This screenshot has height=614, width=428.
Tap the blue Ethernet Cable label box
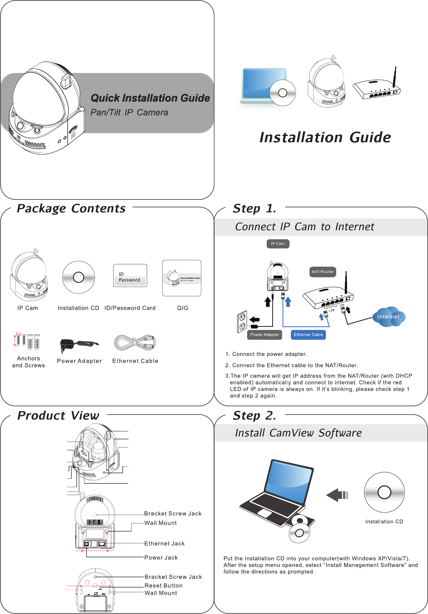[308, 335]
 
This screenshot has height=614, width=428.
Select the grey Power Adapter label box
[264, 335]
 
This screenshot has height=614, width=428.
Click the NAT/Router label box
[323, 272]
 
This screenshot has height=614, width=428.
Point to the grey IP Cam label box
[278, 244]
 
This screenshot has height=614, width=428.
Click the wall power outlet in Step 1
[242, 322]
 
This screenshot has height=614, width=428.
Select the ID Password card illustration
[130, 275]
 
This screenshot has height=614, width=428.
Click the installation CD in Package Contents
[78, 277]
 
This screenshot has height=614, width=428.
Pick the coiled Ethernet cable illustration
[135, 343]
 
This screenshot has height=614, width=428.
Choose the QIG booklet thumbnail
[181, 278]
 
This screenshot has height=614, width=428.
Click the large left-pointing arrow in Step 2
[336, 495]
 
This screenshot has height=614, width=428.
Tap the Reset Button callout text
[163, 586]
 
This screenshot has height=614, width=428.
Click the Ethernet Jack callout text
[164, 544]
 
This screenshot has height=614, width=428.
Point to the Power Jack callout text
[161, 558]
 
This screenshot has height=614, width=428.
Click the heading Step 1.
[254, 209]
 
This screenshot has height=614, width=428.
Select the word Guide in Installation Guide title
[370, 138]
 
